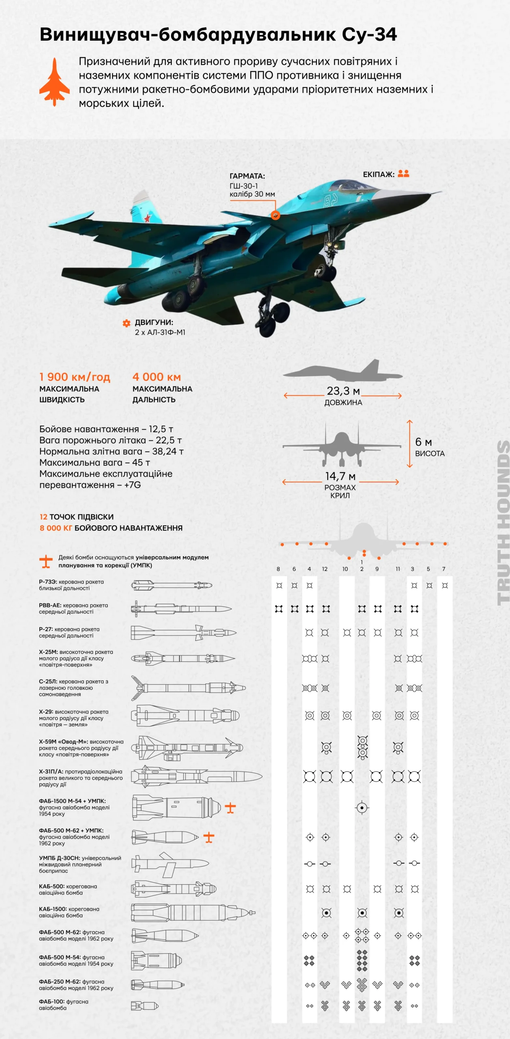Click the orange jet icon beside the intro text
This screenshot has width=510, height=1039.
(x=54, y=82)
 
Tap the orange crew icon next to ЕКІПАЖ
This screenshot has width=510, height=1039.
(x=403, y=174)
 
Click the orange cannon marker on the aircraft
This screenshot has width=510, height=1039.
(x=275, y=215)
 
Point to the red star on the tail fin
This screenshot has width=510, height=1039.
(x=147, y=219)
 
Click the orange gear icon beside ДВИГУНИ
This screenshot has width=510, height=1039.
(x=126, y=323)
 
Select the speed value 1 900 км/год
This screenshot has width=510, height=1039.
(x=75, y=377)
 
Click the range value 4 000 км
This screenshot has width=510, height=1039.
(x=156, y=377)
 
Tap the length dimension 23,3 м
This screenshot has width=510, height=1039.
(x=343, y=391)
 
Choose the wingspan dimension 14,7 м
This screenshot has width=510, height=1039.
(x=340, y=476)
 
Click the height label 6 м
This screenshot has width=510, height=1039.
(x=423, y=442)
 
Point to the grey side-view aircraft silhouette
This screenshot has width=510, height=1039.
(x=343, y=371)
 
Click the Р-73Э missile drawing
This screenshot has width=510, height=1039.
(x=171, y=585)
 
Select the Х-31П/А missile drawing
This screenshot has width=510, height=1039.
(x=197, y=777)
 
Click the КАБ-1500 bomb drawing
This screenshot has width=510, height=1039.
(x=193, y=913)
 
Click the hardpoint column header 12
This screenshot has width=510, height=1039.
(x=325, y=569)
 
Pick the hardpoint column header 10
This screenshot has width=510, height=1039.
(x=345, y=569)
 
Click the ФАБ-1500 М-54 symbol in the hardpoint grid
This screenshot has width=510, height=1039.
(x=362, y=808)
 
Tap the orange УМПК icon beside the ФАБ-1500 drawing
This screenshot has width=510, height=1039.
(x=230, y=808)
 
